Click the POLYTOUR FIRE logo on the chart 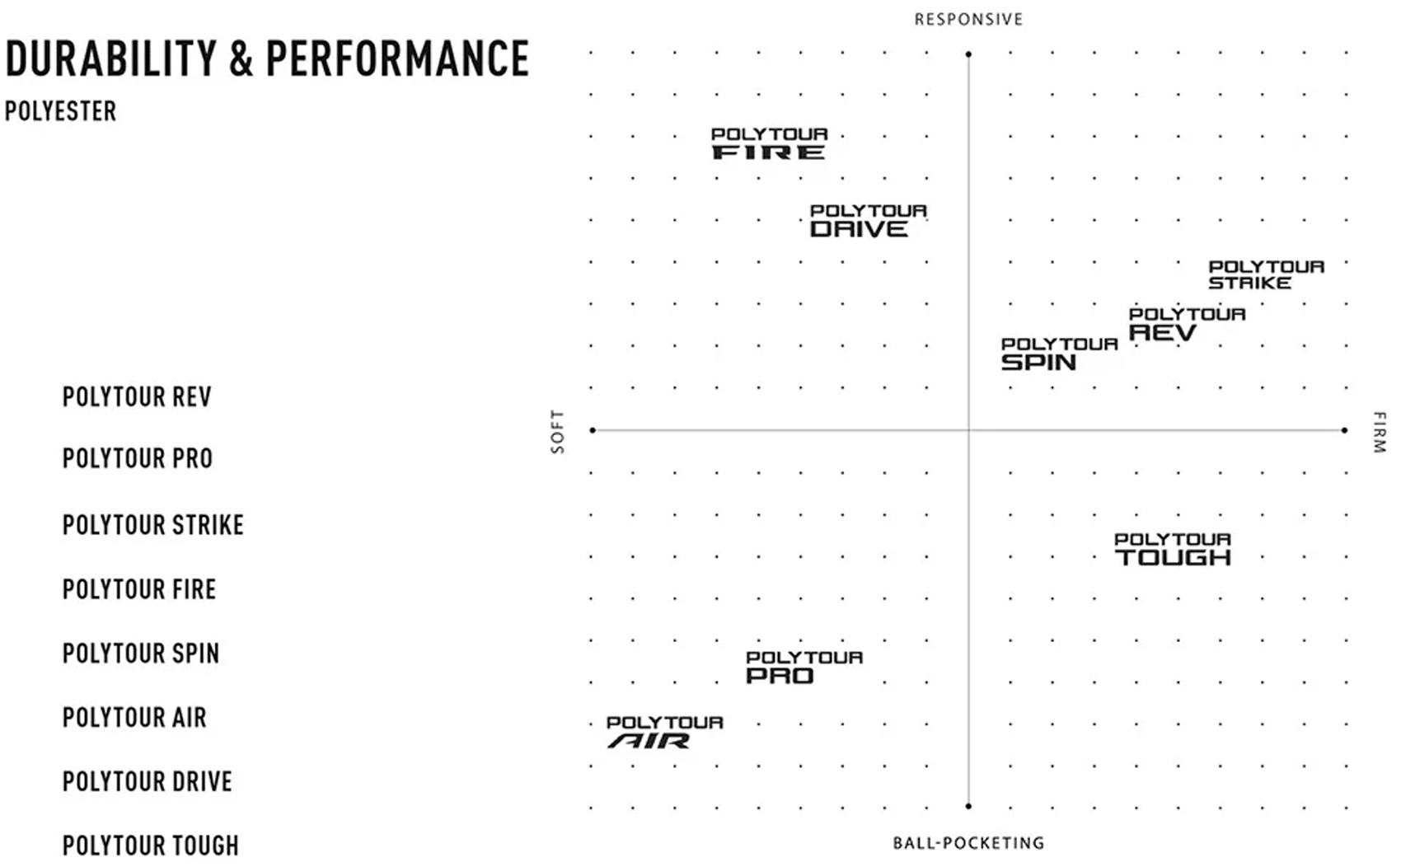point(769,143)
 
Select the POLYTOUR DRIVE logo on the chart point(868,221)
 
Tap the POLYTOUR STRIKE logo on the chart point(1267,275)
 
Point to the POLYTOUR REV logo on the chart point(1187,324)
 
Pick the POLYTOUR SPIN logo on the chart point(1060,354)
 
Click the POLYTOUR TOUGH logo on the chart point(1173,549)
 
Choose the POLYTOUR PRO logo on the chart point(804,668)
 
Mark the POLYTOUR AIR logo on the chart point(665,733)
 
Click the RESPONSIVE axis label point(969,20)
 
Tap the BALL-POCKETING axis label point(969,843)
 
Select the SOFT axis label point(557,432)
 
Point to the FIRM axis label point(1379,432)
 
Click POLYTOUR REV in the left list point(137,396)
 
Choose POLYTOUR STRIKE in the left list point(153,525)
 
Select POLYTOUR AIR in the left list point(134,718)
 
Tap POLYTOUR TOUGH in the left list point(151,846)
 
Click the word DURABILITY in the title point(111,59)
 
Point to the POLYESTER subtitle point(61,111)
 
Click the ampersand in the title point(241,59)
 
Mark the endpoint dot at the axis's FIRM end point(1345,430)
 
